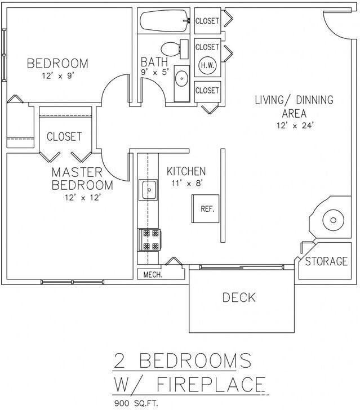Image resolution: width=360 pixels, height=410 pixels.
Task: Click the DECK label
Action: [x=239, y=297]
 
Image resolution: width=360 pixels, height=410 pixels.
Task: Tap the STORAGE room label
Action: [x=326, y=261]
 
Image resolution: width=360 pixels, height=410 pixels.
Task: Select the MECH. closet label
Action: [x=152, y=275]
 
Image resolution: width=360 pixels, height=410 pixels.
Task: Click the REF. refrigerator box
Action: [x=207, y=208]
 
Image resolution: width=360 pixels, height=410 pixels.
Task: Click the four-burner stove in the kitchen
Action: [x=150, y=239]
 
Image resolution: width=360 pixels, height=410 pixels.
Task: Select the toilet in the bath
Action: [x=170, y=48]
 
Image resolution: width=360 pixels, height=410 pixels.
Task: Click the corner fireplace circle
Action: [x=332, y=220]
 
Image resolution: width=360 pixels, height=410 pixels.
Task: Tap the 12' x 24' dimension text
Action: [x=294, y=126]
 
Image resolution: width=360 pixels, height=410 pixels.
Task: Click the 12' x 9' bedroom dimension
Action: [x=57, y=75]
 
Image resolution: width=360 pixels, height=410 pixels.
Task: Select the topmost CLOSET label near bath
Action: [x=207, y=21]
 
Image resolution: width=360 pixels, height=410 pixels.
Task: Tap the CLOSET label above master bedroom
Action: [x=64, y=136]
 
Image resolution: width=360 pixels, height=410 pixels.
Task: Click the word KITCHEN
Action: [x=186, y=171]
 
